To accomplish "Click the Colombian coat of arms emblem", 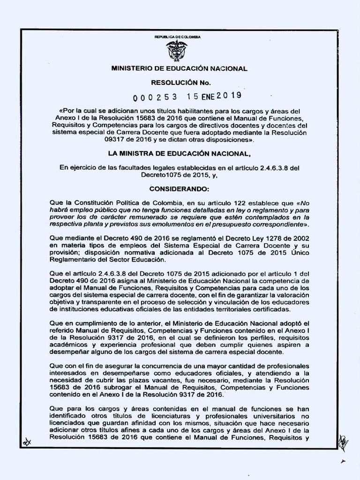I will (177, 51).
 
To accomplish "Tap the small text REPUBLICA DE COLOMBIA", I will (177, 37).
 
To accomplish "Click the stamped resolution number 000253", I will (155, 97).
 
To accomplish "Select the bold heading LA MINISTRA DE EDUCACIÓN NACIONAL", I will (180, 153).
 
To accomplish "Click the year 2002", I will (301, 239).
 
